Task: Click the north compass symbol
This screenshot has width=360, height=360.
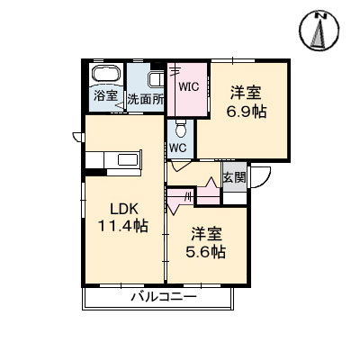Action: click(319, 31)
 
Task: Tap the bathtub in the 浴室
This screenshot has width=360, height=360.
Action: click(106, 74)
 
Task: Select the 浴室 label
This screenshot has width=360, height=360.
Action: click(105, 95)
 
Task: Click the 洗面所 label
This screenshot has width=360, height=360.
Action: click(146, 99)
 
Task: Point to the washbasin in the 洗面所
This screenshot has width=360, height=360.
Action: click(156, 80)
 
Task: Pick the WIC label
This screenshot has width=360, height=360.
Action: click(189, 86)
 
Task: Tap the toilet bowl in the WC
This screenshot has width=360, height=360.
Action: click(181, 129)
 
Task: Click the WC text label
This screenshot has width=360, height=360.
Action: click(178, 148)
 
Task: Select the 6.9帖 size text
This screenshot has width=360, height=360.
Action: click(246, 112)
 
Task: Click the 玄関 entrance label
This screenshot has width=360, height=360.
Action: click(234, 177)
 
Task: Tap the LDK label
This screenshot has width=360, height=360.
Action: click(124, 209)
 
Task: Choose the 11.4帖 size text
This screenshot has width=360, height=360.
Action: click(123, 226)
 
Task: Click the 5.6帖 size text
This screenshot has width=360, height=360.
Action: click(206, 252)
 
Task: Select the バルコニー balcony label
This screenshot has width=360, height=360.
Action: click(164, 298)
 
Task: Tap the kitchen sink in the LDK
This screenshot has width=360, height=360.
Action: click(128, 159)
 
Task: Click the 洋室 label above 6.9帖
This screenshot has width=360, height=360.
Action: click(246, 93)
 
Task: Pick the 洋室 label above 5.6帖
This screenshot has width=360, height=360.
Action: click(207, 234)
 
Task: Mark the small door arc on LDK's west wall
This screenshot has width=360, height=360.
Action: click(78, 137)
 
